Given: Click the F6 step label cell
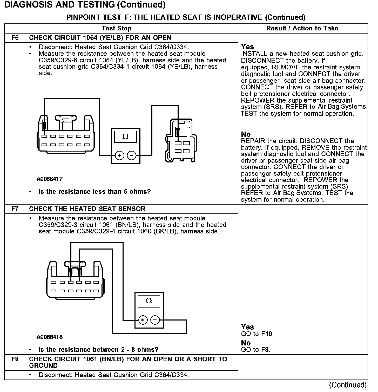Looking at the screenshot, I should [x=15, y=38].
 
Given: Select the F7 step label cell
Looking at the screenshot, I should [x=15, y=209].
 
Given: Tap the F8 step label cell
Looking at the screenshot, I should [x=15, y=359].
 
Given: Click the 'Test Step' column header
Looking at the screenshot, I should [x=117, y=28].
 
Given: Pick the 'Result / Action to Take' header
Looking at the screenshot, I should [x=302, y=28].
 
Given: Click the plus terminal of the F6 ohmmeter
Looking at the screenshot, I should [x=119, y=156].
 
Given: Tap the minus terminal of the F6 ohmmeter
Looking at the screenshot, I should [x=132, y=156].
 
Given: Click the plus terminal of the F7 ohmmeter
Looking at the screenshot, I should [x=143, y=320].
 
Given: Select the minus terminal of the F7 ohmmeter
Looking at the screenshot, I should [x=155, y=320].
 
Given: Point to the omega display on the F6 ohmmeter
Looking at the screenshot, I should [x=125, y=137].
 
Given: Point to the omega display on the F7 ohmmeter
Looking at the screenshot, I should [x=149, y=301].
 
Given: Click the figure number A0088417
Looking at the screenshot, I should [x=49, y=179].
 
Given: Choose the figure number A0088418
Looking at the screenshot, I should [x=49, y=337].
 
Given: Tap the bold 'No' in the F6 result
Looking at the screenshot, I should [x=246, y=134].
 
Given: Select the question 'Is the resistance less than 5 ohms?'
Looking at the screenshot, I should [x=95, y=192].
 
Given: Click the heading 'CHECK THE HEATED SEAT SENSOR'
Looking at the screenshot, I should [x=87, y=209].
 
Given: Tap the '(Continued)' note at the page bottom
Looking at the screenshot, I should [x=348, y=385].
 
